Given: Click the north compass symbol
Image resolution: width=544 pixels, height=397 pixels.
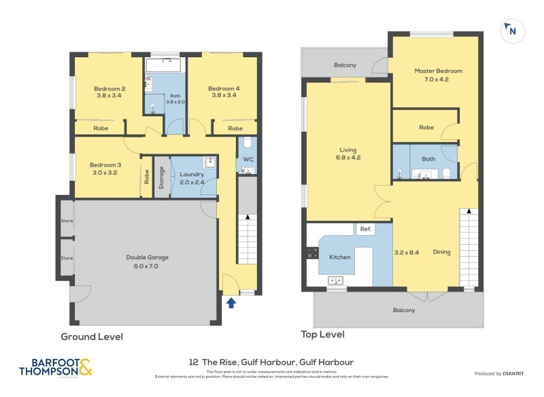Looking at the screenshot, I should click(511, 31).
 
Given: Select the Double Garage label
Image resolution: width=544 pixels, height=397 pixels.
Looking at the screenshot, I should click(147, 258).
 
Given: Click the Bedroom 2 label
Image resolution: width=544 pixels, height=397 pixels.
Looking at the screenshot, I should click(109, 88).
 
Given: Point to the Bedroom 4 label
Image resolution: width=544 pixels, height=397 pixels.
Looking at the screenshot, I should click(224, 88).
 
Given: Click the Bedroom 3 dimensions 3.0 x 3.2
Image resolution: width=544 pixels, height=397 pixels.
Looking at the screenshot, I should click(105, 173).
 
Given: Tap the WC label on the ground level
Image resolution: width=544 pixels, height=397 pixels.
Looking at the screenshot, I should click(248, 160).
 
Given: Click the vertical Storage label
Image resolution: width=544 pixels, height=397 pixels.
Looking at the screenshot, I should click(161, 178).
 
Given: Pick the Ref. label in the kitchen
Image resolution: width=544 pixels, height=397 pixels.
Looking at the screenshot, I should click(364, 230).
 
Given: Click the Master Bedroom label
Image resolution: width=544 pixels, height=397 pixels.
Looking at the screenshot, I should click(438, 71).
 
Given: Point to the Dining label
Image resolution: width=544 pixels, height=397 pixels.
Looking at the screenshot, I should click(441, 252).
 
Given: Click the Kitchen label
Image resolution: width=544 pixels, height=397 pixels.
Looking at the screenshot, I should click(339, 258).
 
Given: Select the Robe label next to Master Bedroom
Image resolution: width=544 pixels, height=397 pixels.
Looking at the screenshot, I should click(426, 127).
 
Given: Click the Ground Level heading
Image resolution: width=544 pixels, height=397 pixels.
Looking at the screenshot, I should click(92, 336).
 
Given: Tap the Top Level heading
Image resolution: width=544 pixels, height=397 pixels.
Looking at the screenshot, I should click(322, 334).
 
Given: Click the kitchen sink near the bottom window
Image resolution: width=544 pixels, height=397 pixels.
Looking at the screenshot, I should click(335, 279).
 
